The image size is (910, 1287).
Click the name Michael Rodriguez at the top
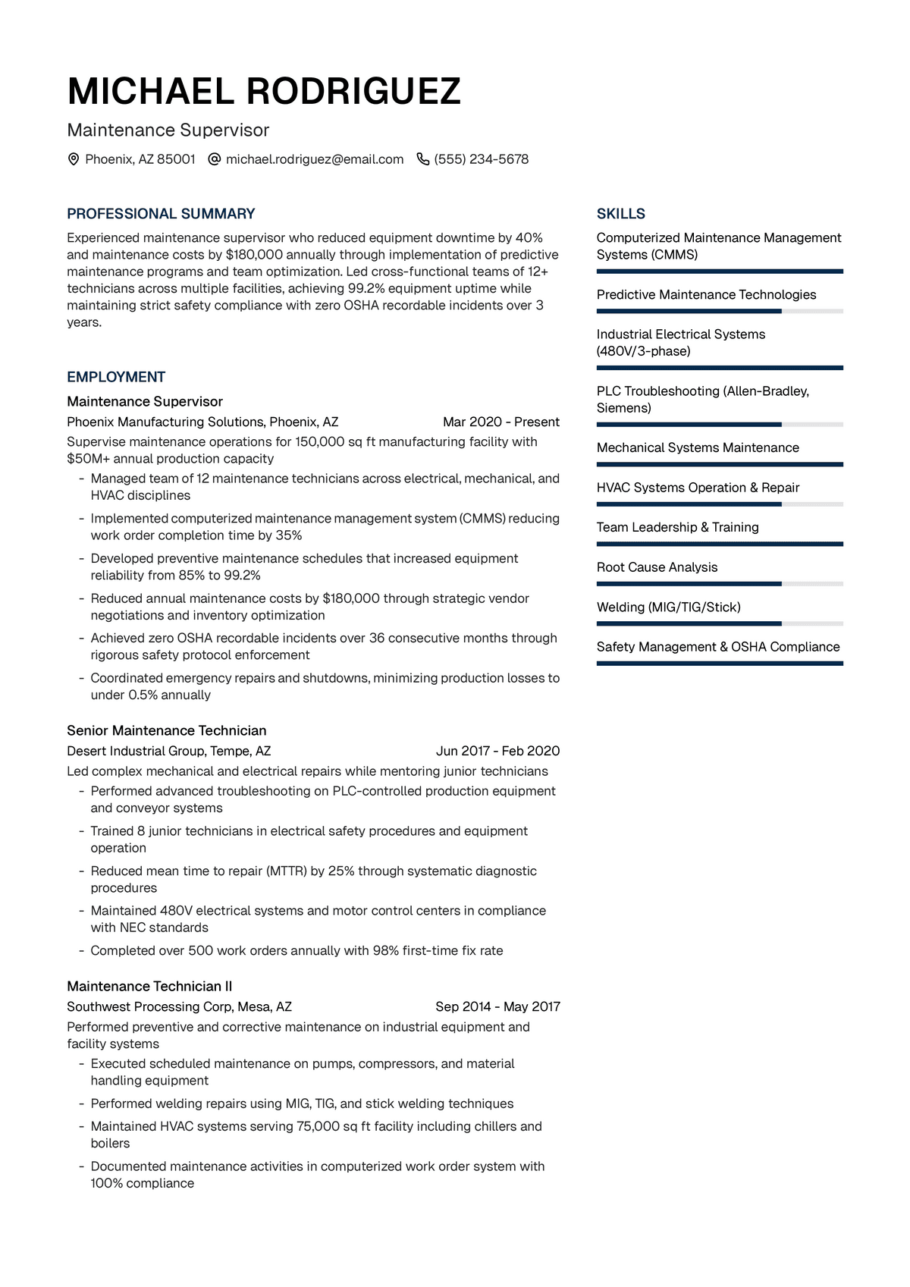click(x=264, y=92)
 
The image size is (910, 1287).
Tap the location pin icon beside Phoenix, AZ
click(x=74, y=159)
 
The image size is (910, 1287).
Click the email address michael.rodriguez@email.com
click(x=315, y=159)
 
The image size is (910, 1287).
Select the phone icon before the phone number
click(x=423, y=159)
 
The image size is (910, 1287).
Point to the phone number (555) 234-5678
click(x=482, y=159)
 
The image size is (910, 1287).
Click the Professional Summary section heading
click(x=161, y=214)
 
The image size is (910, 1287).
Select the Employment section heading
click(x=116, y=377)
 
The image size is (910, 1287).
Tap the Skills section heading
click(x=621, y=214)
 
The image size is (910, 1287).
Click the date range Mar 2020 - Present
click(x=501, y=422)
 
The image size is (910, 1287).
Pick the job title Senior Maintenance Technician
click(x=167, y=730)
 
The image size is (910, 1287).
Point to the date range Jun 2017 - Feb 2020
click(x=497, y=751)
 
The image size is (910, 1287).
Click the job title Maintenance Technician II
click(x=149, y=986)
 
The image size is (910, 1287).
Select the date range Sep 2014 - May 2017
click(x=497, y=1006)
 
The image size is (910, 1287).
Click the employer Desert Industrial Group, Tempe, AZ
click(x=169, y=751)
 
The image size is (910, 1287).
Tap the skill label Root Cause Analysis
click(x=657, y=567)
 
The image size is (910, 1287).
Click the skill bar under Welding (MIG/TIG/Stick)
click(x=720, y=623)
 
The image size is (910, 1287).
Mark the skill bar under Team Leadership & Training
click(x=720, y=544)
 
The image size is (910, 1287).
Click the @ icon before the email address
click(x=215, y=159)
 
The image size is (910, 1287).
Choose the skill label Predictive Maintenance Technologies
click(x=706, y=294)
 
